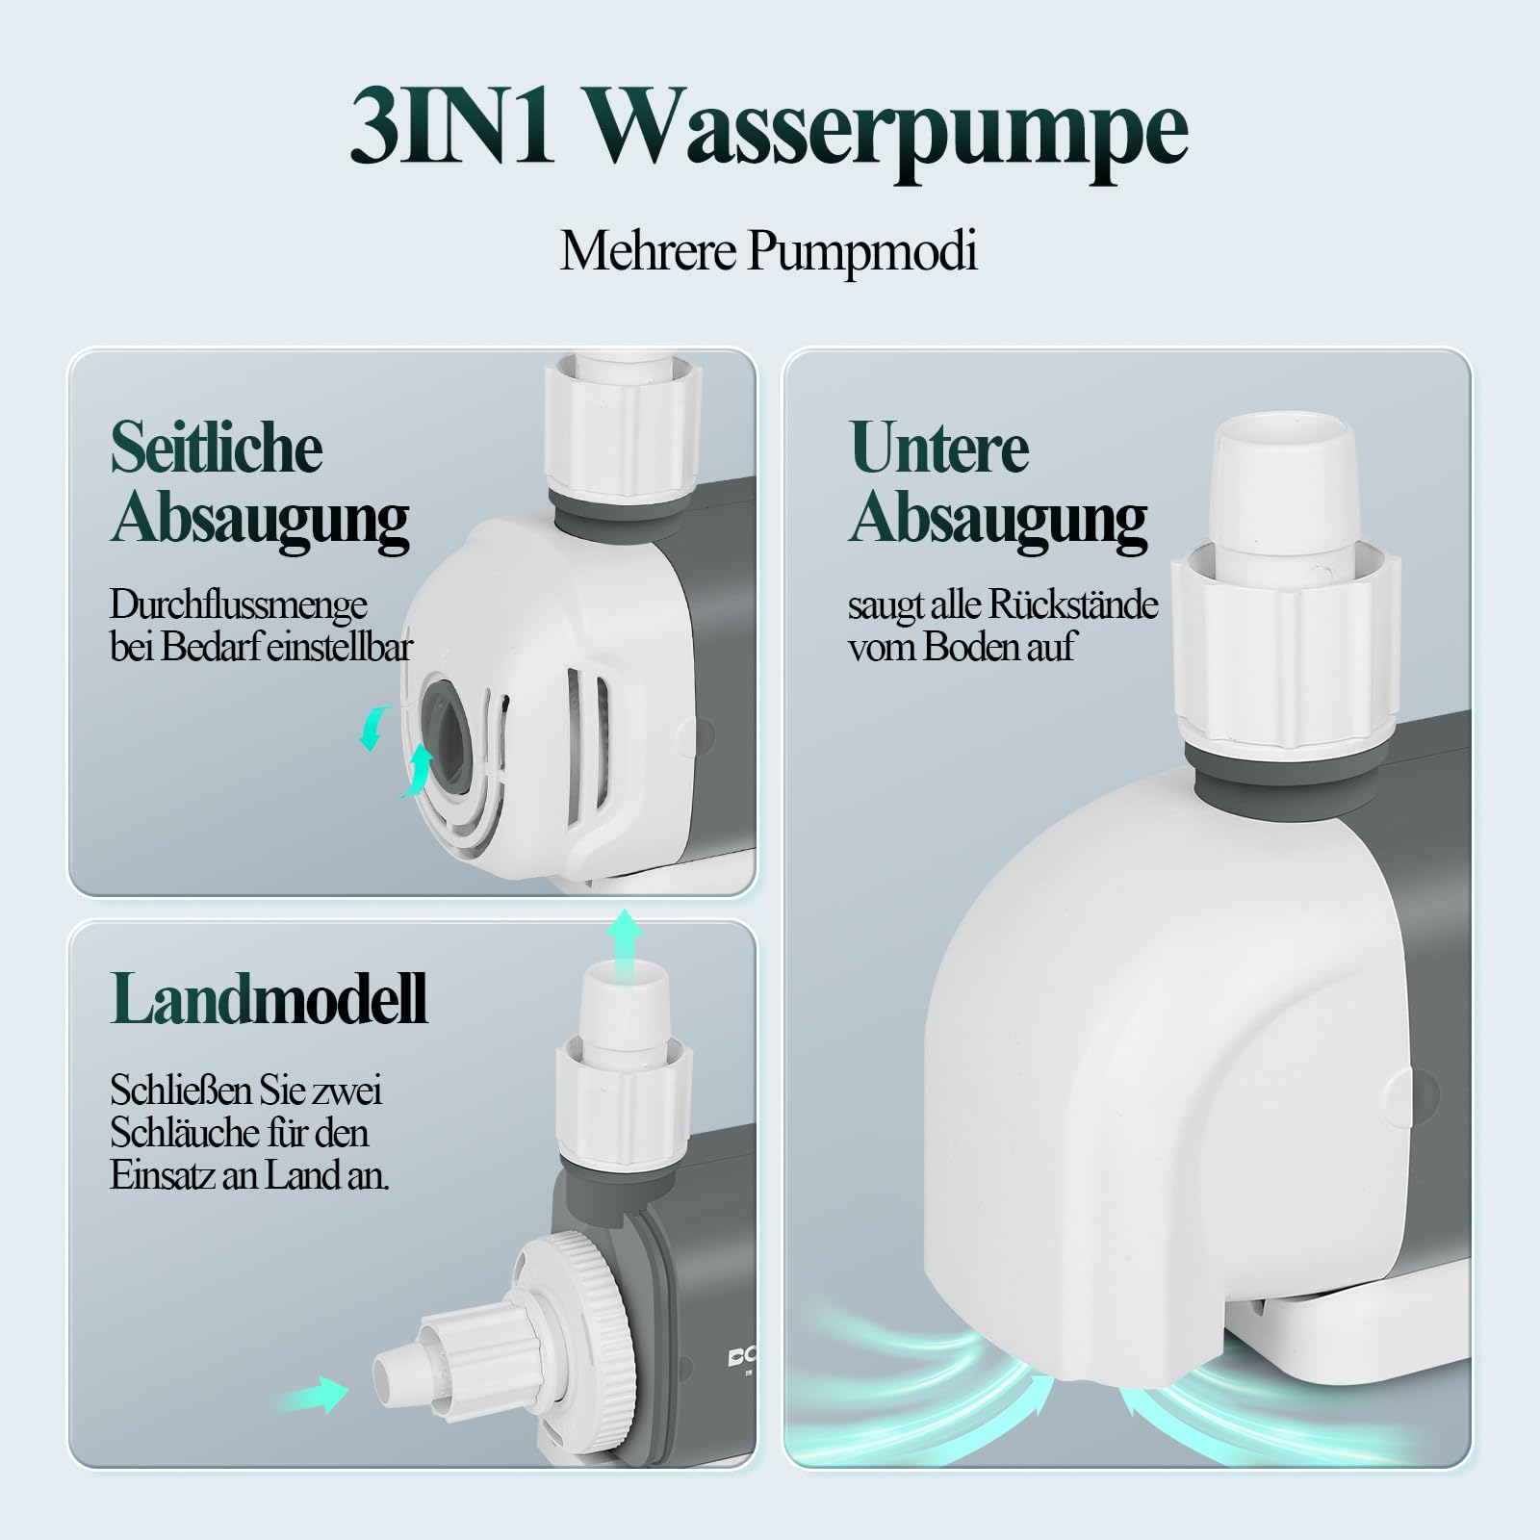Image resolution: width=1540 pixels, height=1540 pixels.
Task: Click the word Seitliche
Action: pyautogui.click(x=216, y=448)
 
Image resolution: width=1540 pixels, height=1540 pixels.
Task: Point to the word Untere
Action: pyautogui.click(x=938, y=448)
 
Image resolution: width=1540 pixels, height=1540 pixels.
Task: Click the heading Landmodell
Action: pyautogui.click(x=269, y=999)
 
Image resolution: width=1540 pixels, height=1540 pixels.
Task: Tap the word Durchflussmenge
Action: pyautogui.click(x=238, y=604)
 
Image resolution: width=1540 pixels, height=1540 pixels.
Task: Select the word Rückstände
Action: pyautogui.click(x=1072, y=604)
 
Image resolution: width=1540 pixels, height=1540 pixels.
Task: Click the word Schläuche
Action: pyautogui.click(x=183, y=1133)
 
